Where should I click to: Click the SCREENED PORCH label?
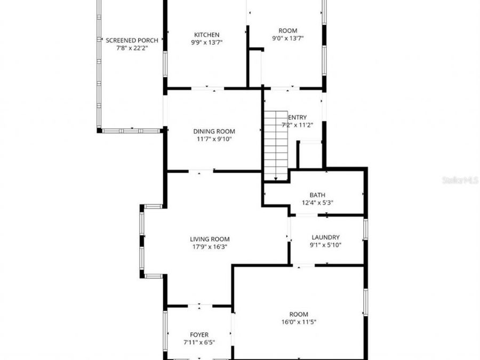132,40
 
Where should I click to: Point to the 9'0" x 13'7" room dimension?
288,38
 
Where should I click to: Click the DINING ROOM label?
213,131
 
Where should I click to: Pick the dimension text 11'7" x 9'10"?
213,139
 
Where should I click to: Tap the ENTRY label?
298,118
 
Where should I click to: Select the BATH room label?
317,195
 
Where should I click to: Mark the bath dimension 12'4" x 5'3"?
317,203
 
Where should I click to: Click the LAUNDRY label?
325,237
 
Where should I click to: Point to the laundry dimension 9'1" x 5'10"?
325,245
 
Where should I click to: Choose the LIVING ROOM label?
210,239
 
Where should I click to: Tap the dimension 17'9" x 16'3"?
210,247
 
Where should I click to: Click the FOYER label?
199,335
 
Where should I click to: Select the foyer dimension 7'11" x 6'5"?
199,342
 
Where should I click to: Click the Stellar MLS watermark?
460,180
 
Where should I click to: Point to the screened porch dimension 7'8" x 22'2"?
132,47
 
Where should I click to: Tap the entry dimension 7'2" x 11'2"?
297,125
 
